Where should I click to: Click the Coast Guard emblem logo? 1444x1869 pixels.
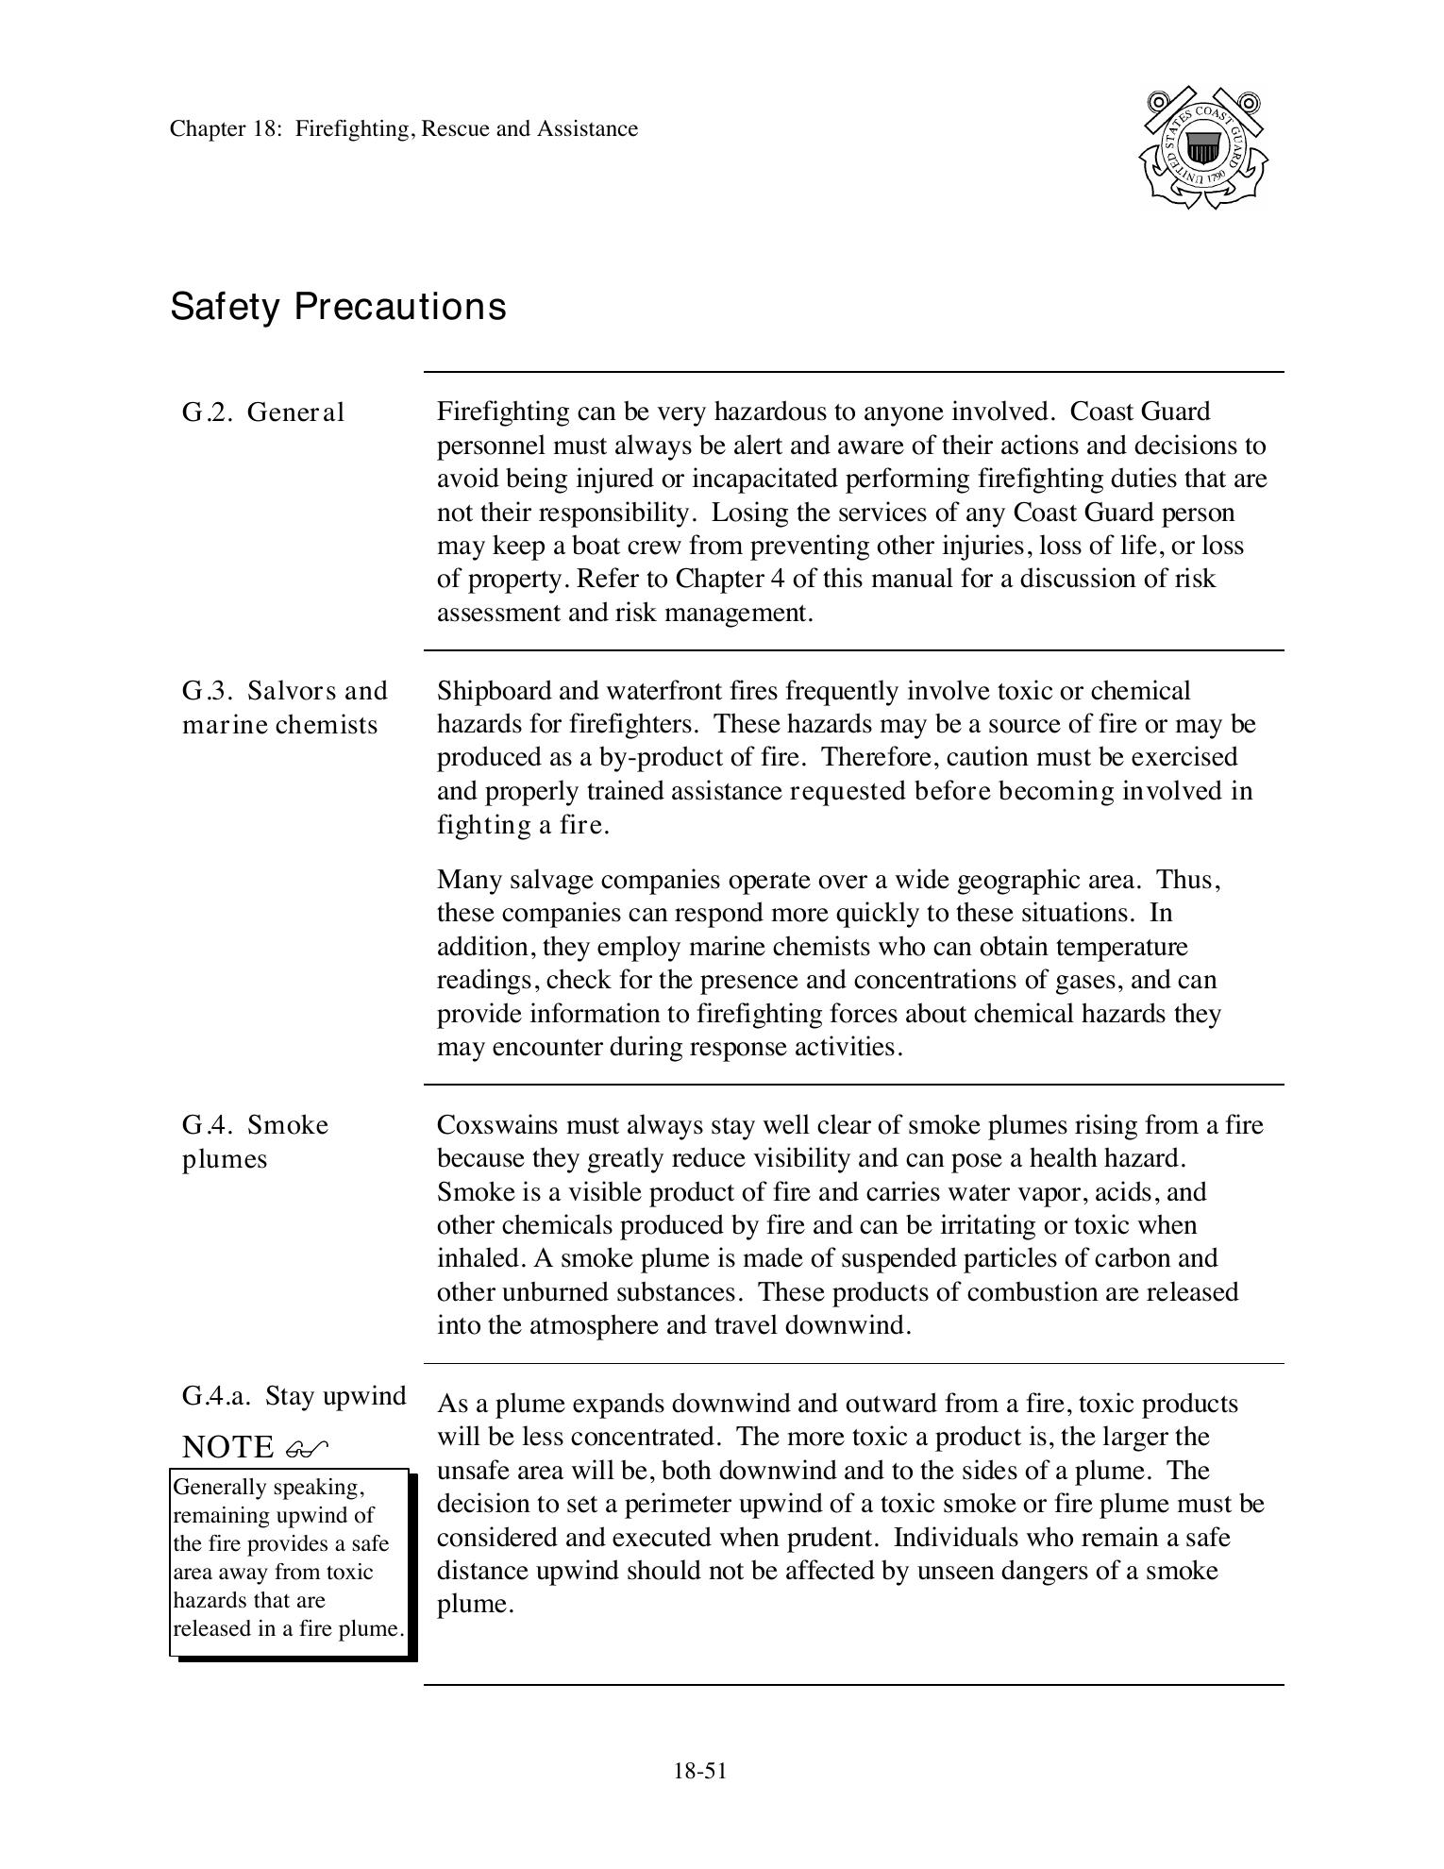pyautogui.click(x=1203, y=148)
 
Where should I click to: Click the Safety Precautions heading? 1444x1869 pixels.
pyautogui.click(x=338, y=307)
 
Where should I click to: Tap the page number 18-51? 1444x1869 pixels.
pyautogui.click(x=699, y=1771)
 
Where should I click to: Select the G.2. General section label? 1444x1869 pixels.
pyautogui.click(x=263, y=413)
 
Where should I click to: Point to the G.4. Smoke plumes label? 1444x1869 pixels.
pyautogui.click(x=255, y=1141)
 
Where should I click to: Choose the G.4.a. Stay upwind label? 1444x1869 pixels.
pyautogui.click(x=294, y=1395)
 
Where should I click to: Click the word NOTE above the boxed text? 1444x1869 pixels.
pyautogui.click(x=227, y=1446)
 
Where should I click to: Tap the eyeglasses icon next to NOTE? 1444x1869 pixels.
pyautogui.click(x=307, y=1447)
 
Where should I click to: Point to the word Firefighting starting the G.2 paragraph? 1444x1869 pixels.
pyautogui.click(x=497, y=412)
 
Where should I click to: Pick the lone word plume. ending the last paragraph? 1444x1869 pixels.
pyautogui.click(x=475, y=1604)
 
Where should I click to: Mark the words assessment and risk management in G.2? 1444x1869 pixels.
pyautogui.click(x=624, y=613)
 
